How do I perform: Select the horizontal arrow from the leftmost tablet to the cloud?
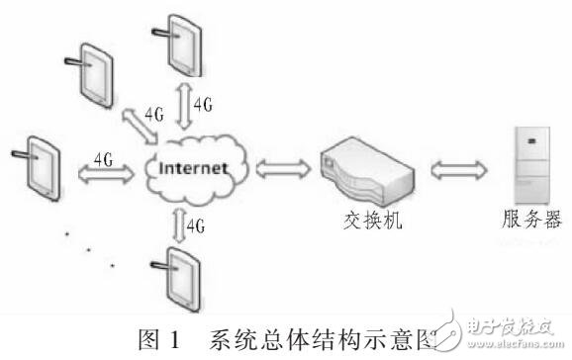coord(103,172)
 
